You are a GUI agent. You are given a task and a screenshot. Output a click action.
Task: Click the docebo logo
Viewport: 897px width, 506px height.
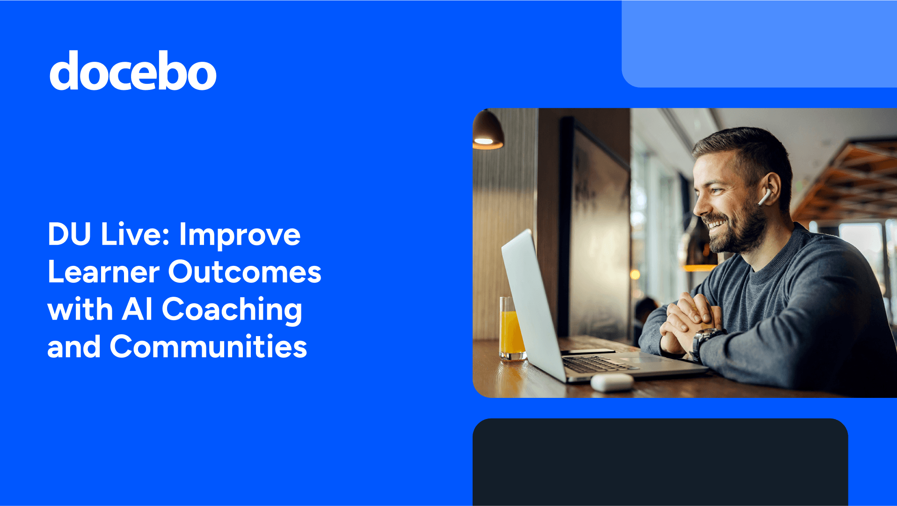133,71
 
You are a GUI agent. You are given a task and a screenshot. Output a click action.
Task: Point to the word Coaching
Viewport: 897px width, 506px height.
232,310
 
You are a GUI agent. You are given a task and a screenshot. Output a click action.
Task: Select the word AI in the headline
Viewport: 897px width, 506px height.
137,309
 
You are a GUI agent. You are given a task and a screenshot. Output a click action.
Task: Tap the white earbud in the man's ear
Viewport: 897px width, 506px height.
764,197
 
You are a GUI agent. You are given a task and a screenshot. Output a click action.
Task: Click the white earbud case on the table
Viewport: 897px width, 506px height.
612,381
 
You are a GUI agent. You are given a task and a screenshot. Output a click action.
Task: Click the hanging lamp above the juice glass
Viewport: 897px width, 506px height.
487,131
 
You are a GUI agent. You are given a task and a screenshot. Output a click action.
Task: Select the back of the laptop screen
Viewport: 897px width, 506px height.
533,300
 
